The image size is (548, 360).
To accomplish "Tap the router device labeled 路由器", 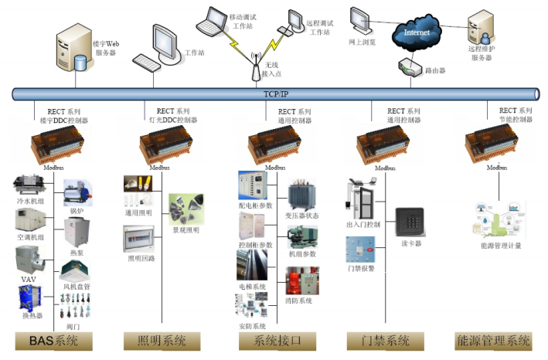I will click(410, 67).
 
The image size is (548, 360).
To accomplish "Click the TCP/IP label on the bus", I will click(275, 93).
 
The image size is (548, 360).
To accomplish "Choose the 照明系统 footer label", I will click(162, 341).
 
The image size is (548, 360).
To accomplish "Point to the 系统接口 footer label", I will click(274, 341).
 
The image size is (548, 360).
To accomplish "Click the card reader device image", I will click(410, 221).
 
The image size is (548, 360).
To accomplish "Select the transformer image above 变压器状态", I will click(301, 195).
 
